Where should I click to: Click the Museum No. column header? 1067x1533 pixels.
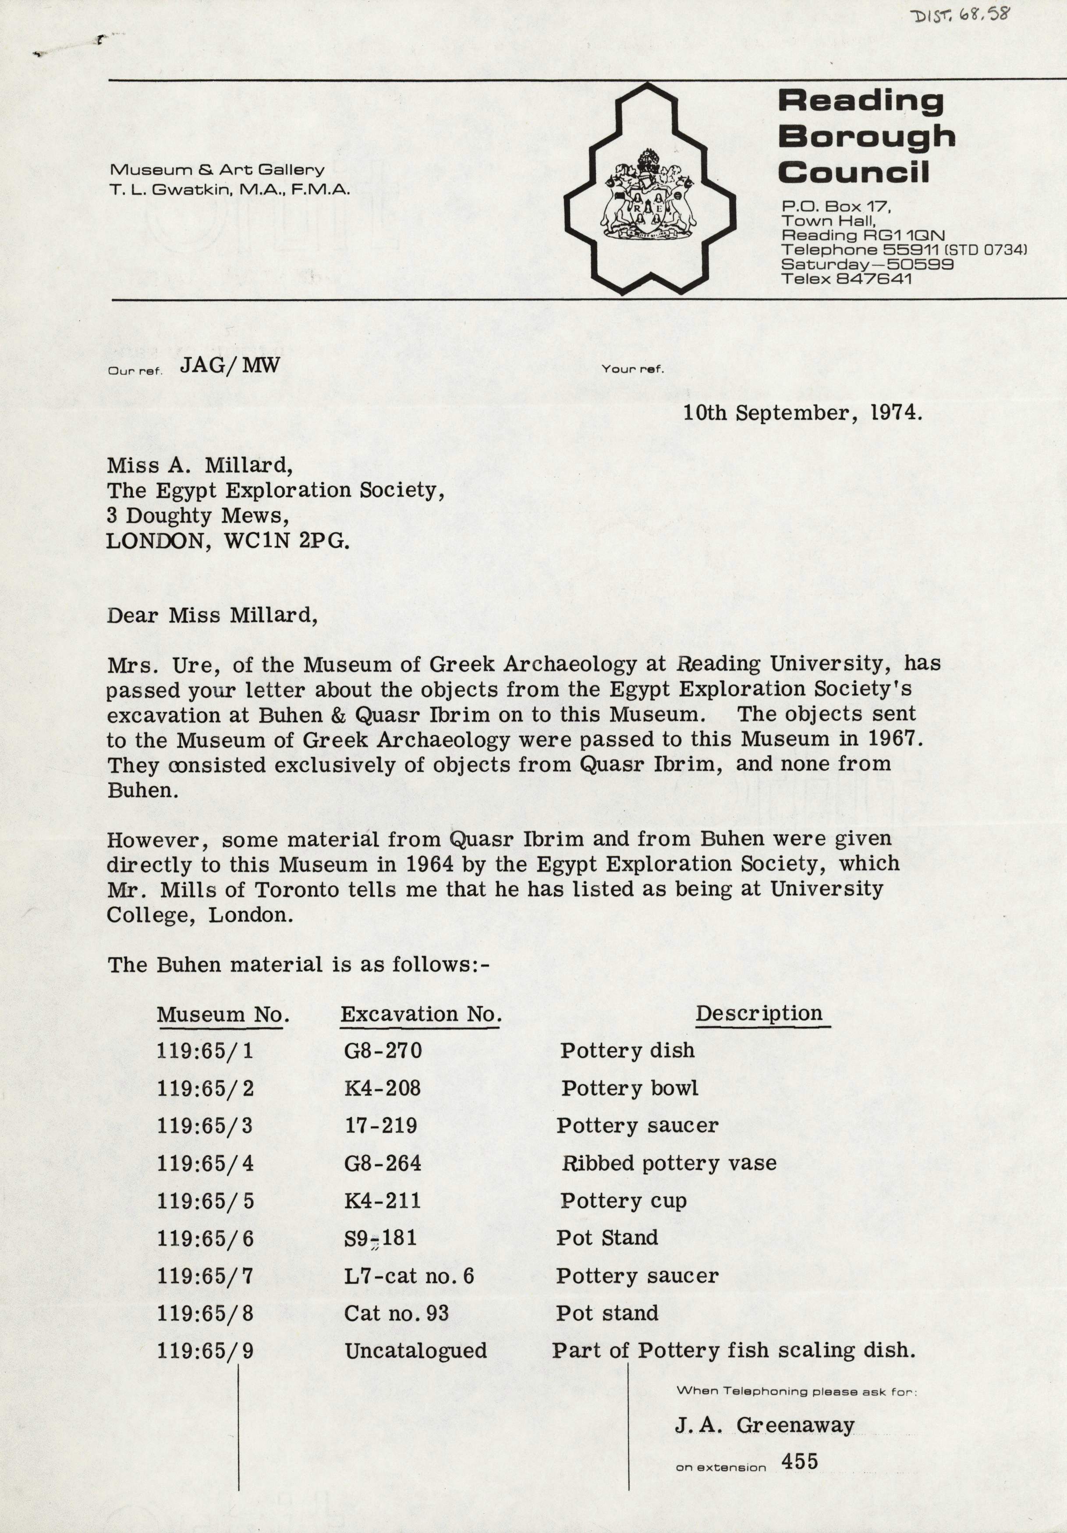[223, 1015]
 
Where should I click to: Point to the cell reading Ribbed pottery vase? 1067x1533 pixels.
[668, 1163]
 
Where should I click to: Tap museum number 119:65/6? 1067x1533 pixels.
[205, 1238]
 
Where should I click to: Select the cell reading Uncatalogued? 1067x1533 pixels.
[415, 1351]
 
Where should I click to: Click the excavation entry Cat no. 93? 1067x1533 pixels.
[396, 1313]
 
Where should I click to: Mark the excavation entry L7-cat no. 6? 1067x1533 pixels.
[409, 1276]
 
